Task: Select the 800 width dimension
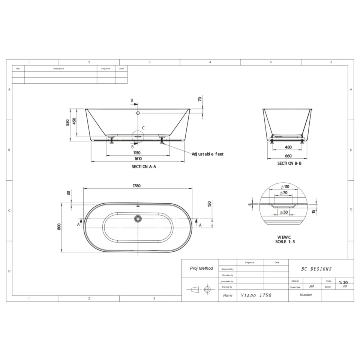[x=59, y=227]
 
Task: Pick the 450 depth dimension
[x=74, y=121]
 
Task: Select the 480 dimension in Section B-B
[x=288, y=147]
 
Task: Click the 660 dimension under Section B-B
[x=288, y=156]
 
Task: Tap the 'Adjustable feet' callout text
[x=207, y=154]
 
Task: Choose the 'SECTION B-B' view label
[x=289, y=163]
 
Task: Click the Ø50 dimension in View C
[x=284, y=213]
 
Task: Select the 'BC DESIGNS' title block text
[x=316, y=269]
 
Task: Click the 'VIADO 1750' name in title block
[x=256, y=295]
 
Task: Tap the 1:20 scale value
[x=343, y=283]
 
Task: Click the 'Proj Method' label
[x=201, y=268]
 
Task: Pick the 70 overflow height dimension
[x=200, y=99]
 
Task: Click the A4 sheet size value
[x=311, y=286]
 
